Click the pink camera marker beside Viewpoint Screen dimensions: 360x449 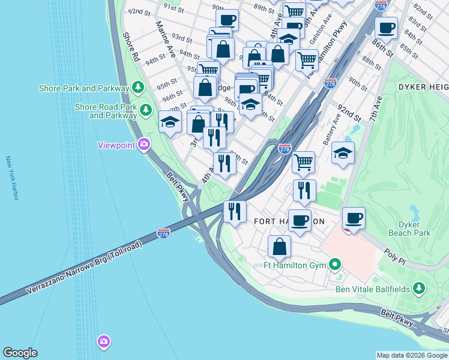[x=143, y=144]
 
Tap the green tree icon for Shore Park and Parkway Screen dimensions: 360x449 [x=138, y=88]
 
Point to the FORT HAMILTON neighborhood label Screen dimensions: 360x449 [x=289, y=221]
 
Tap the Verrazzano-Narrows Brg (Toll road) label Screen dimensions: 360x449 [x=84, y=269]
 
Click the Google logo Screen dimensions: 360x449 [x=20, y=353]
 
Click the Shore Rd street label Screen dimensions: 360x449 [x=131, y=46]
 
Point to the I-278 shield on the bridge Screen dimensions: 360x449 [x=163, y=233]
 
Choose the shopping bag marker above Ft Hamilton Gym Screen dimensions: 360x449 [x=279, y=246]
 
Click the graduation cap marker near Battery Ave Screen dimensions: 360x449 [x=343, y=152]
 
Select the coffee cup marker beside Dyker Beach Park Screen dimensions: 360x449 [x=354, y=218]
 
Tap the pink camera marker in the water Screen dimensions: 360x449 [x=104, y=341]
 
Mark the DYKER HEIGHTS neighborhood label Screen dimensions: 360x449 [x=423, y=88]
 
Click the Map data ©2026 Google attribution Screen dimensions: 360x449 [x=412, y=355]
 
